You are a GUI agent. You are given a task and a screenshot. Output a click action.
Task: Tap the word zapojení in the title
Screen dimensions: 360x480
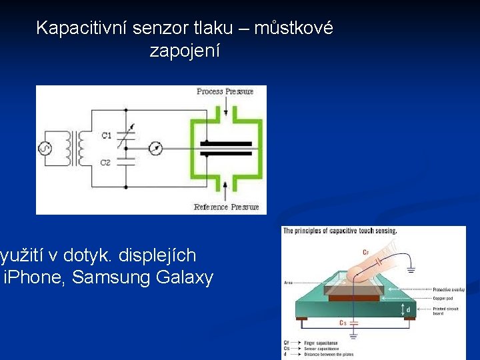(x=185, y=51)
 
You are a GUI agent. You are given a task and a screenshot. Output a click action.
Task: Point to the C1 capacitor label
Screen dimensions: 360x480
(x=106, y=135)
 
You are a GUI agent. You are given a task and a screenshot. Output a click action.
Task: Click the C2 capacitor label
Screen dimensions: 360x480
(x=106, y=162)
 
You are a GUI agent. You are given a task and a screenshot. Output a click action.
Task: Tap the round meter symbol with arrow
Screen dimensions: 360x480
(x=155, y=147)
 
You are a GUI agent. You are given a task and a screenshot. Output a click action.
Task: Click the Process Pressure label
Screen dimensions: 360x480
(x=225, y=91)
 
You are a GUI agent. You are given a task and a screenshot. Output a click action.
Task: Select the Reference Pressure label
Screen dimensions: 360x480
(x=226, y=207)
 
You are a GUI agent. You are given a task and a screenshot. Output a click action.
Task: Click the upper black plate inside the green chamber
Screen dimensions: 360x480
(x=227, y=143)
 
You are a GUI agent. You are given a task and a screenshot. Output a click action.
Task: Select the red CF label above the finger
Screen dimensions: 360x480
(x=366, y=252)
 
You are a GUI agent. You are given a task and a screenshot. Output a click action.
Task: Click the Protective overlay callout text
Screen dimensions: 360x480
(x=448, y=289)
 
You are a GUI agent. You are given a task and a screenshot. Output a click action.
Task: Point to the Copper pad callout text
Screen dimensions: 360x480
(x=443, y=297)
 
